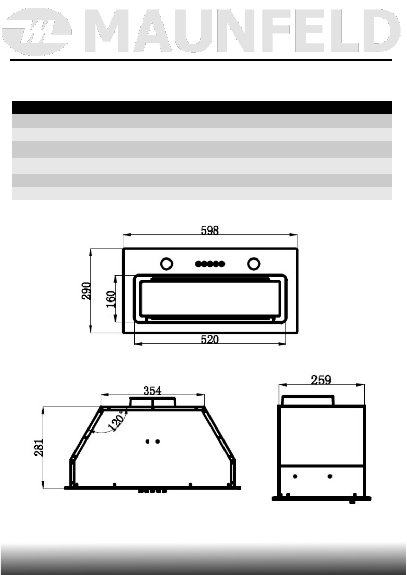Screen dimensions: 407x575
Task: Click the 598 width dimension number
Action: (x=210, y=230)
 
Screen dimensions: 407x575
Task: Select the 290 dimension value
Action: (x=86, y=291)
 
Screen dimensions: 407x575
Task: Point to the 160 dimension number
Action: (x=111, y=299)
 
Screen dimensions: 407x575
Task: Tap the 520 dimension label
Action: (x=210, y=340)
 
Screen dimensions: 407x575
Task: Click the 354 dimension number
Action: (x=152, y=391)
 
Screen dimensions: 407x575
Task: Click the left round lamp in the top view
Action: (x=166, y=264)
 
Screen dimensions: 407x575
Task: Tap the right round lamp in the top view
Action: (x=254, y=264)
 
